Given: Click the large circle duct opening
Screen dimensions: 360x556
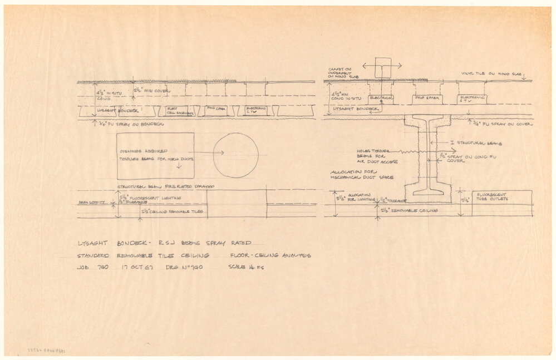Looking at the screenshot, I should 236,155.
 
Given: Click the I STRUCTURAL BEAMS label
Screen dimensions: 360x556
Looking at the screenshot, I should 478,144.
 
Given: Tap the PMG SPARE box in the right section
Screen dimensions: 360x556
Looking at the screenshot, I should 427,99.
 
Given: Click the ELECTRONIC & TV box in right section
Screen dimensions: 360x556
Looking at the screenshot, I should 472,99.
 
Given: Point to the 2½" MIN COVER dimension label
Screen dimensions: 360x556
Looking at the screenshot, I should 152,90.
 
